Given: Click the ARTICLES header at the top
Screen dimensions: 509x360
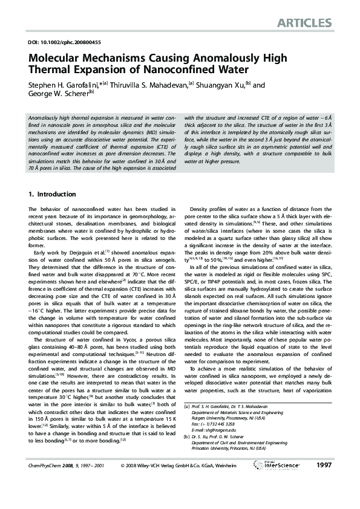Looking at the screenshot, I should pyautogui.click(x=304, y=23).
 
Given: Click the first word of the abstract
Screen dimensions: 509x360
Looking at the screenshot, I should pyautogui.click(x=45, y=117).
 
